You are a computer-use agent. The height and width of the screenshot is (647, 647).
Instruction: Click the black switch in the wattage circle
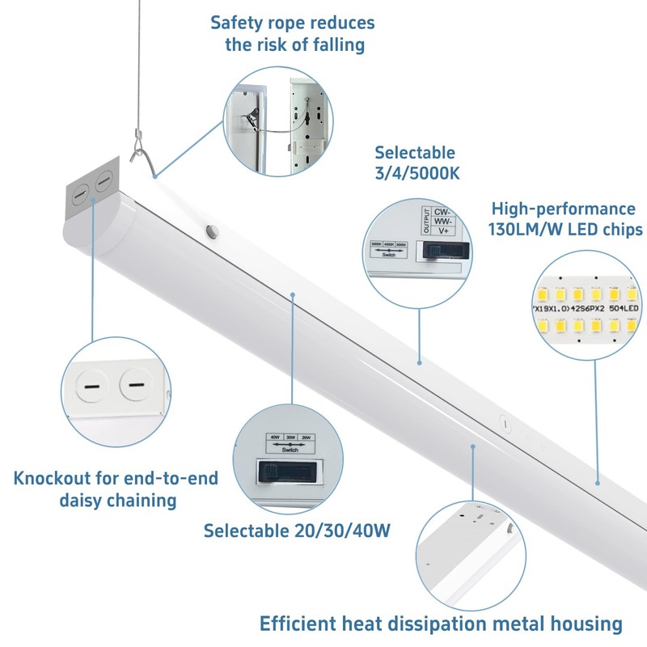(x=288, y=472)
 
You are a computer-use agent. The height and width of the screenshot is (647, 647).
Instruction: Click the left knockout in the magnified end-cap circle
(x=90, y=387)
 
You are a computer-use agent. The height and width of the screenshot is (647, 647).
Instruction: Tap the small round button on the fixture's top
(x=213, y=231)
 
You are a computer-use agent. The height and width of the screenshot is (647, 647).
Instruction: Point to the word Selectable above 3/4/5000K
(x=415, y=153)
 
